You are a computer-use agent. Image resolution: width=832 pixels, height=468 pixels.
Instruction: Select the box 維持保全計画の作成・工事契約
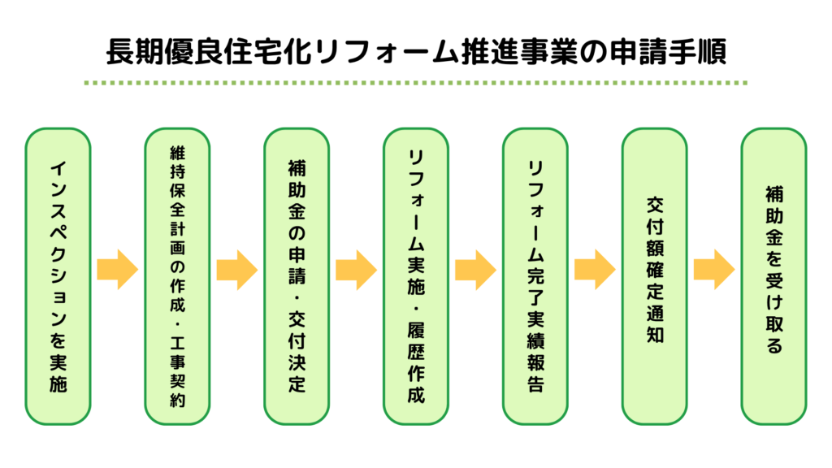(177, 276)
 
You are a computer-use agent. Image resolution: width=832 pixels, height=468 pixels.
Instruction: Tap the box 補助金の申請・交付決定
(297, 276)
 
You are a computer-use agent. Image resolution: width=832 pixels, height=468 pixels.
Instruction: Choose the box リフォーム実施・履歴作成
(416, 276)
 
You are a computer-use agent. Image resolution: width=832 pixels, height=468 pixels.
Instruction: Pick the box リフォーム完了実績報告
(535, 276)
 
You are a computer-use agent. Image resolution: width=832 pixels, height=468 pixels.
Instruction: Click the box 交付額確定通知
(654, 276)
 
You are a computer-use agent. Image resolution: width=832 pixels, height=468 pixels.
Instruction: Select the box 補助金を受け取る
(773, 276)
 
